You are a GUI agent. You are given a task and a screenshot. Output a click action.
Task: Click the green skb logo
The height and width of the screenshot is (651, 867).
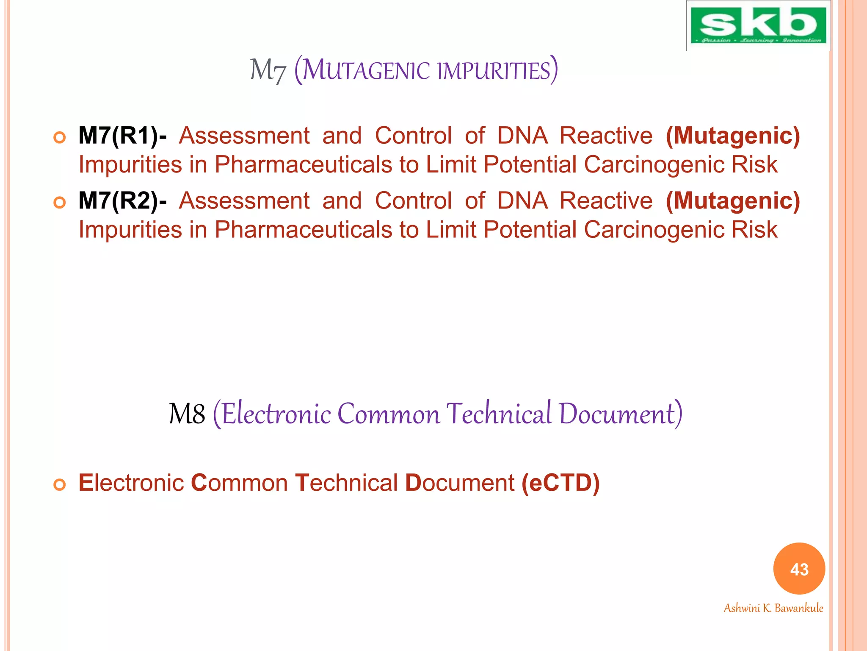[x=758, y=25]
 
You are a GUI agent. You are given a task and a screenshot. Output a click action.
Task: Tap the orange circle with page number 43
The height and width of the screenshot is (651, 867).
[x=799, y=569]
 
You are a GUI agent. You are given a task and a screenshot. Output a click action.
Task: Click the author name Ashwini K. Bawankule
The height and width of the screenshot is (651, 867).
[x=773, y=608]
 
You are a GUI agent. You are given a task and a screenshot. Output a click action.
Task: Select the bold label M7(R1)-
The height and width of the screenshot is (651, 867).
[x=122, y=136]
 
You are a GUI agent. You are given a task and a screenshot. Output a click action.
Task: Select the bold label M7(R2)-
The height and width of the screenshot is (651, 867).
[x=122, y=201]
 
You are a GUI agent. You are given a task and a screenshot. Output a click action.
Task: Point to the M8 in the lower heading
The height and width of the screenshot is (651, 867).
[x=187, y=414]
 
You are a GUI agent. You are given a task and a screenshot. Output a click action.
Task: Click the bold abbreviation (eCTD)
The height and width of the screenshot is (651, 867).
[x=561, y=483]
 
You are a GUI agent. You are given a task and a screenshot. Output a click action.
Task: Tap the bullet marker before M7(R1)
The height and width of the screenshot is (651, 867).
[x=60, y=138]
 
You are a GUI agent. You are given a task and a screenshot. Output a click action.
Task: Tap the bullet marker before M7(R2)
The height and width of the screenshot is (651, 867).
[x=60, y=203]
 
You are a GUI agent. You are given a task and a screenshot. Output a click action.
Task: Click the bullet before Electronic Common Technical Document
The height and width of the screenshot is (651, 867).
[x=60, y=484]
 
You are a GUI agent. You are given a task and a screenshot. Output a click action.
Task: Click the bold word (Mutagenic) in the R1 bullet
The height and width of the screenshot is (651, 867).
[x=733, y=136]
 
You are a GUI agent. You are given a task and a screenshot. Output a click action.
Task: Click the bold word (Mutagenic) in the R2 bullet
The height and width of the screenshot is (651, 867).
[x=733, y=201]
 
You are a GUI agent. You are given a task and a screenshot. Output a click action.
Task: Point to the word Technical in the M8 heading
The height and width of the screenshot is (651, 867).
[x=499, y=414]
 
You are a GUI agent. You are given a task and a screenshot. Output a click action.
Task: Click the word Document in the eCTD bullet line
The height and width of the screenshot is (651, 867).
[x=459, y=483]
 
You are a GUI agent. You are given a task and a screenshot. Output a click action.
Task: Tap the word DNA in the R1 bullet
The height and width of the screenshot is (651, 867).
[x=522, y=136]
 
